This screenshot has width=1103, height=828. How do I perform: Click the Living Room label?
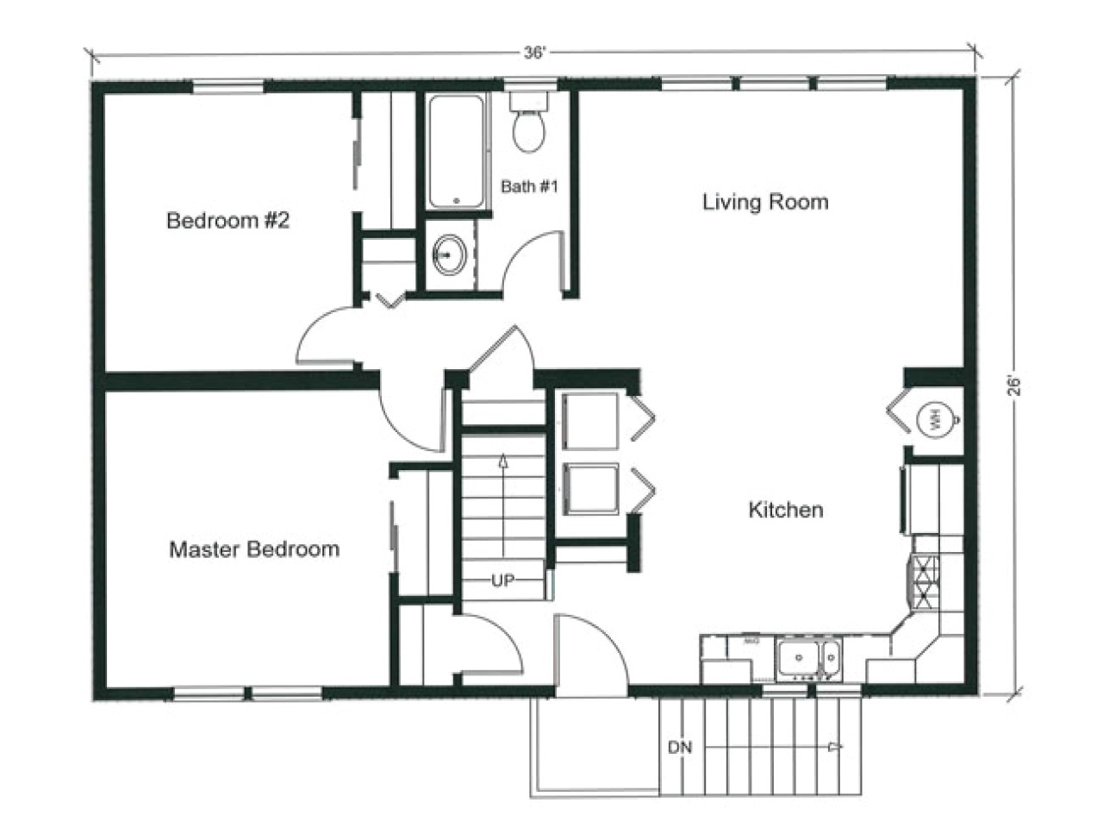tap(765, 203)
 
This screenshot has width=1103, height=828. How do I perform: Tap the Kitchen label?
tap(785, 510)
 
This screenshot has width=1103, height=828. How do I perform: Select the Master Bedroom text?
tap(253, 549)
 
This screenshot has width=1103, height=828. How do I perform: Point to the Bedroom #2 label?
tap(227, 221)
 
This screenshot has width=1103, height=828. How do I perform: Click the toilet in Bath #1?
tap(528, 125)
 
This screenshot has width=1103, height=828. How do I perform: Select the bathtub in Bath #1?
tap(456, 151)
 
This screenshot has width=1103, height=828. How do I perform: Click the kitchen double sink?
tap(807, 660)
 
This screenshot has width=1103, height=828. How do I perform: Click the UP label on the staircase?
tap(502, 580)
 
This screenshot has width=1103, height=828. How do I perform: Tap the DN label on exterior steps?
tap(680, 747)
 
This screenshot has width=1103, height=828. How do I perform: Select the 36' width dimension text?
tap(534, 53)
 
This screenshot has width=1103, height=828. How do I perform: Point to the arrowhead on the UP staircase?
tap(502, 461)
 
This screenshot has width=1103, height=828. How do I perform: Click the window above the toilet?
tap(529, 85)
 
